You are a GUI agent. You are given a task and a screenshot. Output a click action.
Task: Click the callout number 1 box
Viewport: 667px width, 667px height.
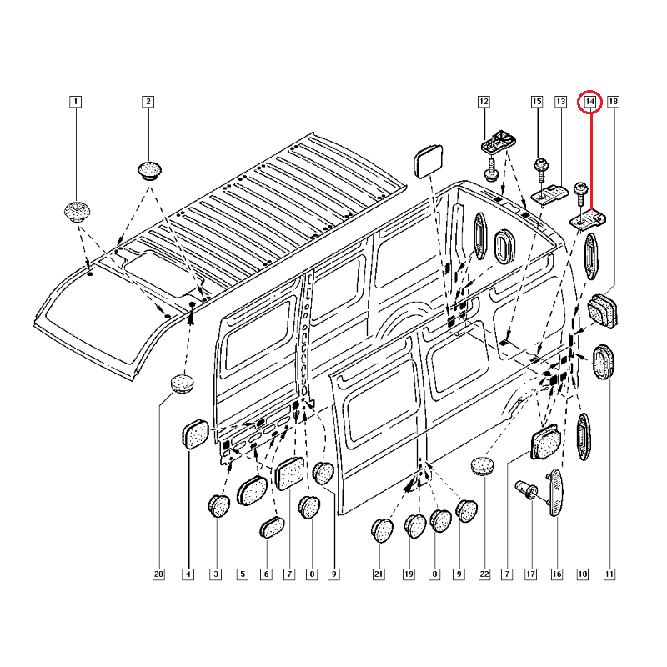75,102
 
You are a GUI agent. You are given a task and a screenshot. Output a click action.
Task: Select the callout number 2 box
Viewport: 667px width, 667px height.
148,102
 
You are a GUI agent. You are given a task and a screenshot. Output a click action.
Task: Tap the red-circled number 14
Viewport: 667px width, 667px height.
590,102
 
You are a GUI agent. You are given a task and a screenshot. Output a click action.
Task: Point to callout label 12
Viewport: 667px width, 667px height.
484,102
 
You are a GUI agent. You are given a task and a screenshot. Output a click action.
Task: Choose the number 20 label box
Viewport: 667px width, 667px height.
158,574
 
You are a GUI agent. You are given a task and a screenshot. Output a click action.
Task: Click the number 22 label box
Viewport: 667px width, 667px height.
484,574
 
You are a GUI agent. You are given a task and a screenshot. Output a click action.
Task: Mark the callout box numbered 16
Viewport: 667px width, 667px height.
557,574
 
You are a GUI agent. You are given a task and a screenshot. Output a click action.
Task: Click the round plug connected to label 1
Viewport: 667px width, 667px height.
77,212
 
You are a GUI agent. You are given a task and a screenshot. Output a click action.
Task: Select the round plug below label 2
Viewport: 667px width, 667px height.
150,171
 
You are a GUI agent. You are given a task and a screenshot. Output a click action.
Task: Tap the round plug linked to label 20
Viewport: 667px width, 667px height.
183,384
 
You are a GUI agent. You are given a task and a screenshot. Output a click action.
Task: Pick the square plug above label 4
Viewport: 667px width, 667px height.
196,434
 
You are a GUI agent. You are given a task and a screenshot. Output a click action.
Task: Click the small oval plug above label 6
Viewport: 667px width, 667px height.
272,528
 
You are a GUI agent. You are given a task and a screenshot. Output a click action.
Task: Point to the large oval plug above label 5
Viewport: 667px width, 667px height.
252,491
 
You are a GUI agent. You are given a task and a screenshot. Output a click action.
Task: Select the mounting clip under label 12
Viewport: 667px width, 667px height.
499,141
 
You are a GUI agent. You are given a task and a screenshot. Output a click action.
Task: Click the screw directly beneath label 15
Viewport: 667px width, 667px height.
541,170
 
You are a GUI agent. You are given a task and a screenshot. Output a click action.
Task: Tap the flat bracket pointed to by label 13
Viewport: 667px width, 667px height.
550,194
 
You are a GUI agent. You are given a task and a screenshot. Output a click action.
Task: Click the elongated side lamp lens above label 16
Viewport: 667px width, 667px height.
555,493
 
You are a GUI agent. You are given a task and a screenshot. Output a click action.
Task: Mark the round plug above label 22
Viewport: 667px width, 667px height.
483,466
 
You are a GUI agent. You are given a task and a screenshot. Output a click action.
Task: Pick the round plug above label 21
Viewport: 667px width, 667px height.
382,530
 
